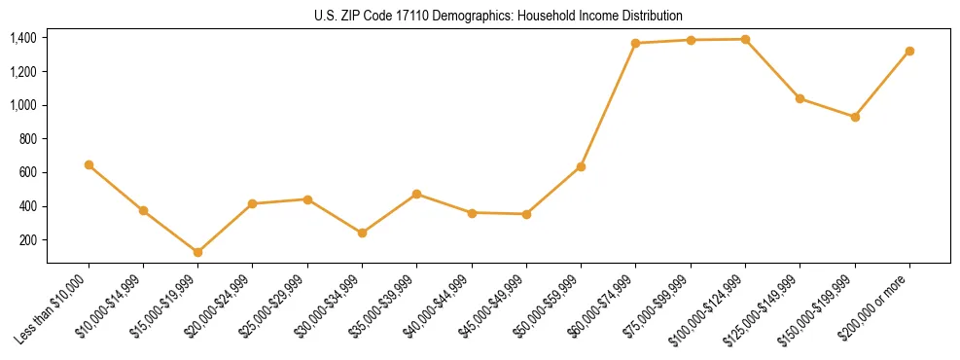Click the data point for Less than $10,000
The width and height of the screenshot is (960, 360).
(x=89, y=164)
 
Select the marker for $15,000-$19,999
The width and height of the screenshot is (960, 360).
(x=197, y=252)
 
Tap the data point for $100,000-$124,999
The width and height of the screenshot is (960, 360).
(x=745, y=39)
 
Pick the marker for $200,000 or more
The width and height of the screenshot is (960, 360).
(x=909, y=51)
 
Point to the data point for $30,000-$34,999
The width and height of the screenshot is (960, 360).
(x=362, y=233)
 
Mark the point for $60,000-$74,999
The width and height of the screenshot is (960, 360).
(x=635, y=43)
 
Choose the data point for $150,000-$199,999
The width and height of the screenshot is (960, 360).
(x=855, y=117)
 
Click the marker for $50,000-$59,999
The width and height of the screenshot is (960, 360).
(x=581, y=166)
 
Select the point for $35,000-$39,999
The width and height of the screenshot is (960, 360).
(x=416, y=194)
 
